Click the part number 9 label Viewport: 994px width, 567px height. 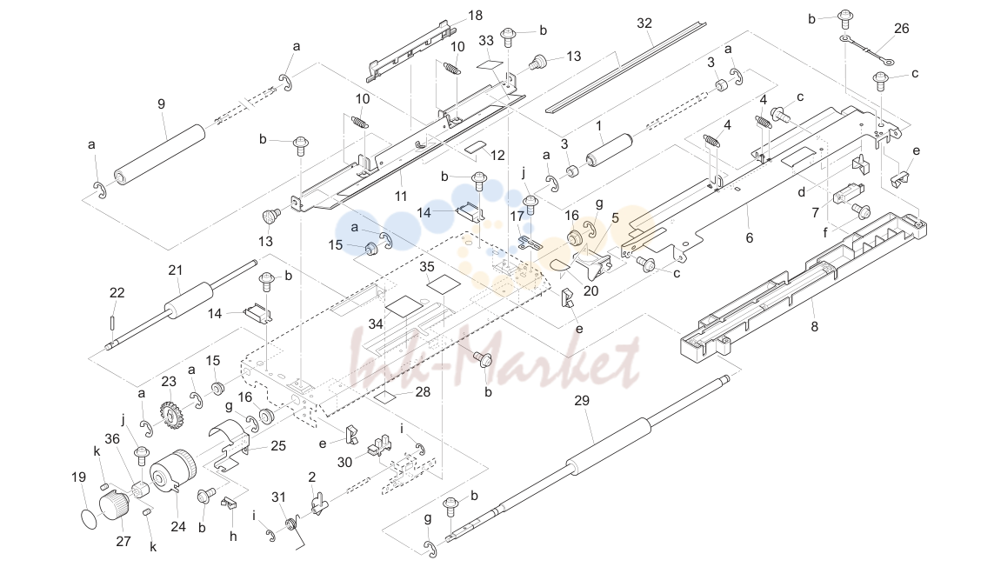click(x=161, y=104)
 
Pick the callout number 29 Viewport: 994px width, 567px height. click(x=581, y=401)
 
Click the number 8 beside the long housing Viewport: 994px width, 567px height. click(x=815, y=327)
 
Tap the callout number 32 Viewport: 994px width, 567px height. click(x=644, y=23)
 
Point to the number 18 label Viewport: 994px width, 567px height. click(x=475, y=16)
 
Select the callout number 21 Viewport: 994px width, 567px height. click(x=176, y=270)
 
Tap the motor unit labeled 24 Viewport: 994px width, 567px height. click(x=172, y=474)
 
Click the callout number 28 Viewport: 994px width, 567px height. click(x=423, y=392)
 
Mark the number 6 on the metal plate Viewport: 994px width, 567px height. click(x=750, y=237)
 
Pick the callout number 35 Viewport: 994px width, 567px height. click(x=427, y=267)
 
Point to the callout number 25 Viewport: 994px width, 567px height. click(x=278, y=446)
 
